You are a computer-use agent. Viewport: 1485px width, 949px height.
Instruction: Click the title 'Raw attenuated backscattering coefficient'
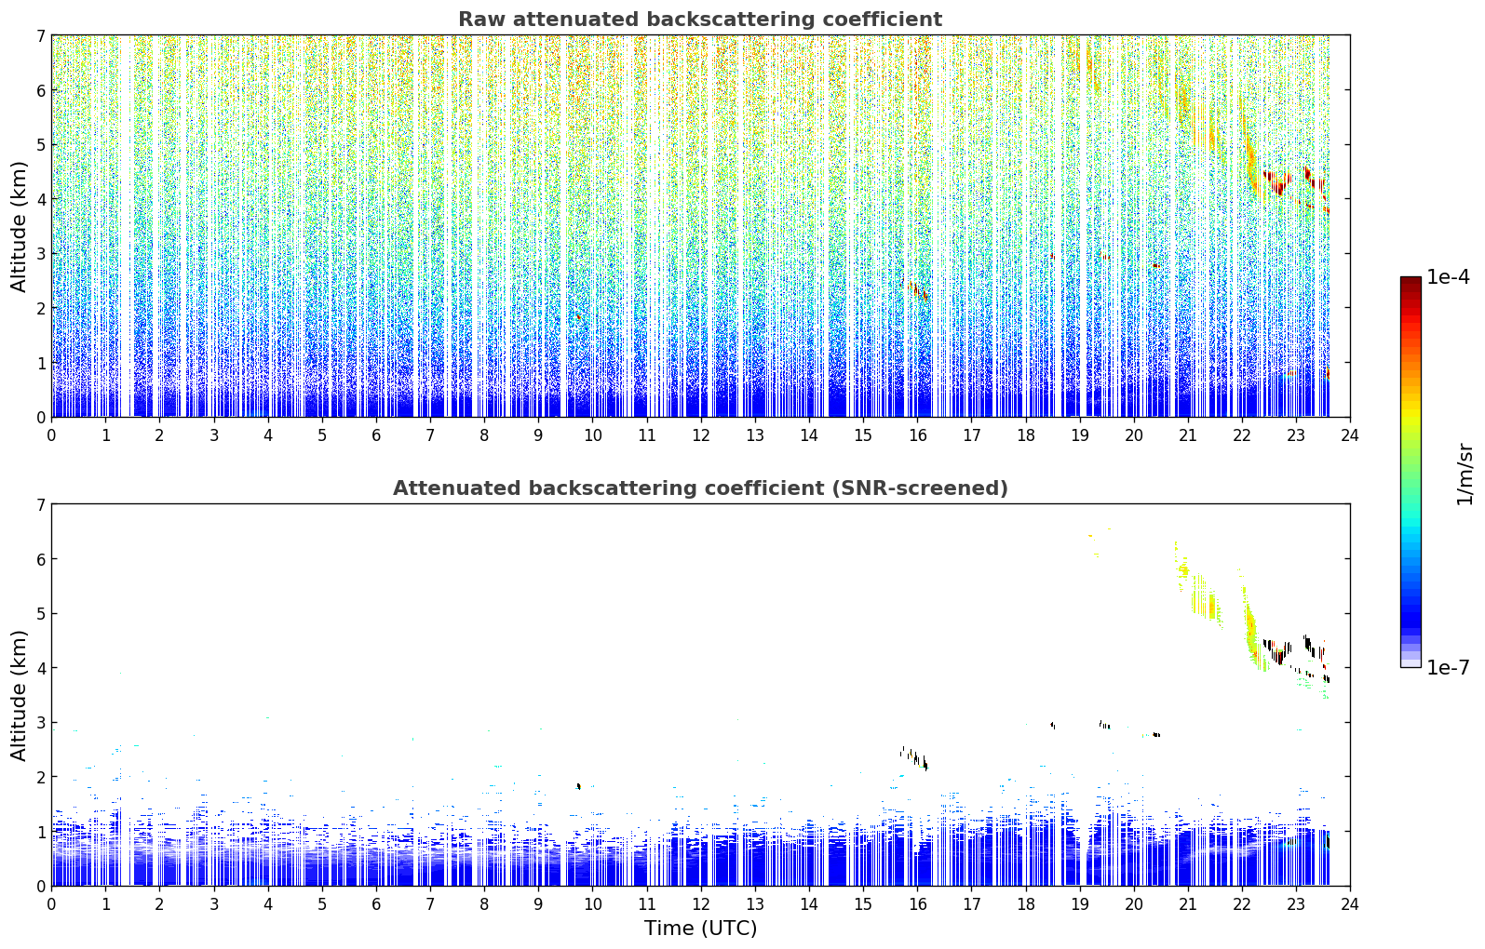point(700,20)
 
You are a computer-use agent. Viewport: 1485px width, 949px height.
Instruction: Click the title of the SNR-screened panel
point(700,488)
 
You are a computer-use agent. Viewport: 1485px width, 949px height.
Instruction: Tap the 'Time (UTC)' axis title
point(700,928)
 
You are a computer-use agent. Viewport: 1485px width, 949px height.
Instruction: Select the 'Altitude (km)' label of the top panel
point(19,227)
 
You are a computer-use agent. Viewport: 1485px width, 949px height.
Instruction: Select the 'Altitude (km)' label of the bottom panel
point(19,696)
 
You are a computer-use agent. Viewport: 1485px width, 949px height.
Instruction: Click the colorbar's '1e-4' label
point(1448,277)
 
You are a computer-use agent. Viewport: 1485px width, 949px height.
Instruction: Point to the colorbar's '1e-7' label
point(1448,667)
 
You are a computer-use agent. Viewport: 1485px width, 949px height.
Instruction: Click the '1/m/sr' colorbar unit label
point(1465,474)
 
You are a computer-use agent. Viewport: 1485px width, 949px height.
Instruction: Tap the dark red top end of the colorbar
point(1411,280)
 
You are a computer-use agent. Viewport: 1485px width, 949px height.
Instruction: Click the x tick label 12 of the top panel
point(701,435)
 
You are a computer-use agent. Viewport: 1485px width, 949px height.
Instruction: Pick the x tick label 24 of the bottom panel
point(1350,904)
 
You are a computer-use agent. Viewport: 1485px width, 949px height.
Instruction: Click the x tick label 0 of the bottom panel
point(52,904)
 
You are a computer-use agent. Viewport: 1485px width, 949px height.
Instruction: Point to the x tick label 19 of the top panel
point(1079,435)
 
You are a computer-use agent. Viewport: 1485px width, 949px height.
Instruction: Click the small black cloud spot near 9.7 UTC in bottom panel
point(578,786)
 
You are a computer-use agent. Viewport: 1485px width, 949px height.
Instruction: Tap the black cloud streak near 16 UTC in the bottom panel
point(915,757)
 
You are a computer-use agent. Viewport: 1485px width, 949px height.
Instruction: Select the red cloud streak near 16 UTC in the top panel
point(915,289)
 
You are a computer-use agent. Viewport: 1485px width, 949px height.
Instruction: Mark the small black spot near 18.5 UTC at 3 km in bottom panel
point(1053,725)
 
